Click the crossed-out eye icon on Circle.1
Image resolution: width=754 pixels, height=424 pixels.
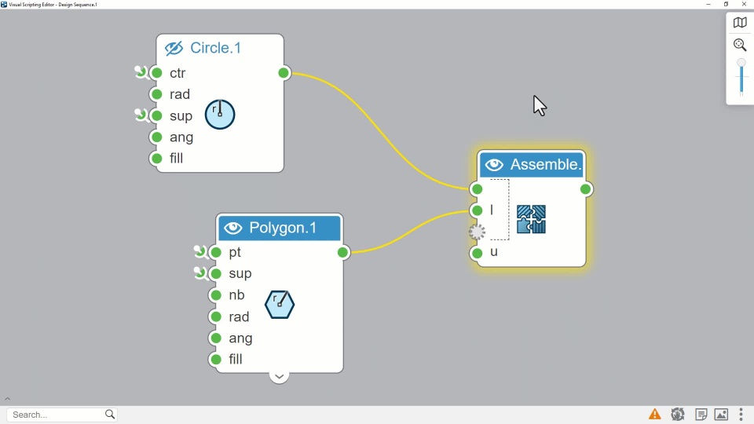tap(174, 49)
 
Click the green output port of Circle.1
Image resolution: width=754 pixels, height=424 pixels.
tap(284, 73)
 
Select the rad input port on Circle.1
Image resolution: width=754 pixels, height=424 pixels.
tap(156, 94)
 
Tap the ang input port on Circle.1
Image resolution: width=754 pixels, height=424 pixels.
tap(156, 137)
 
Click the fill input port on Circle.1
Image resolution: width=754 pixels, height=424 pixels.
tap(156, 159)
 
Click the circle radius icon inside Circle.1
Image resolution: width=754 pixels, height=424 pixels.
tap(220, 114)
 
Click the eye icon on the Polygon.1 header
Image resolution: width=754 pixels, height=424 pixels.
tap(232, 228)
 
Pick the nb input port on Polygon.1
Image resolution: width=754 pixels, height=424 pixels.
tap(216, 295)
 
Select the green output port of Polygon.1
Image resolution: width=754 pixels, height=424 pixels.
tap(343, 252)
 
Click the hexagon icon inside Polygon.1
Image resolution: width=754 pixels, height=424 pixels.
tap(280, 304)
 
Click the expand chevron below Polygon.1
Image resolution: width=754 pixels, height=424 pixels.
tap(279, 376)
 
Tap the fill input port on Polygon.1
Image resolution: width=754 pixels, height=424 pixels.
tap(216, 360)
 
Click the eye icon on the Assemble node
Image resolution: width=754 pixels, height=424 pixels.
tap(494, 165)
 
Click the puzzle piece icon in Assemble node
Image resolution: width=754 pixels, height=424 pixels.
tap(531, 220)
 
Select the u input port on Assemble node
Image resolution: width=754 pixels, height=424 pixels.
tap(478, 253)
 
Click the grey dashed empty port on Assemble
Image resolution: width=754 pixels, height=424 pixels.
tap(478, 232)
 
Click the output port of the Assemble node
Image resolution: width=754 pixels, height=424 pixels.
tap(586, 189)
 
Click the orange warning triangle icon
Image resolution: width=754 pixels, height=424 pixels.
tap(654, 415)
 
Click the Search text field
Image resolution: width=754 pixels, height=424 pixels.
tap(55, 415)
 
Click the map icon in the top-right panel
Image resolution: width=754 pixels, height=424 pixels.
tap(740, 23)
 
